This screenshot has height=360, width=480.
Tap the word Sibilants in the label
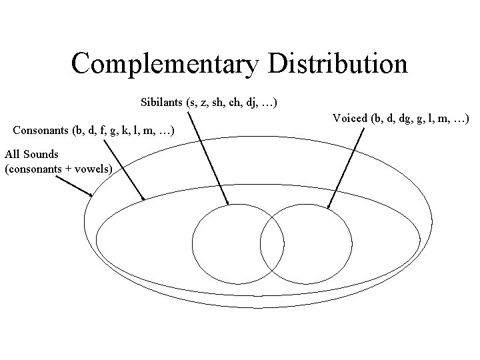[162, 103]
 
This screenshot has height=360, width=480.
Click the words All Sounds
[31, 155]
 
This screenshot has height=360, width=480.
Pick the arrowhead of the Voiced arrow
[330, 207]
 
